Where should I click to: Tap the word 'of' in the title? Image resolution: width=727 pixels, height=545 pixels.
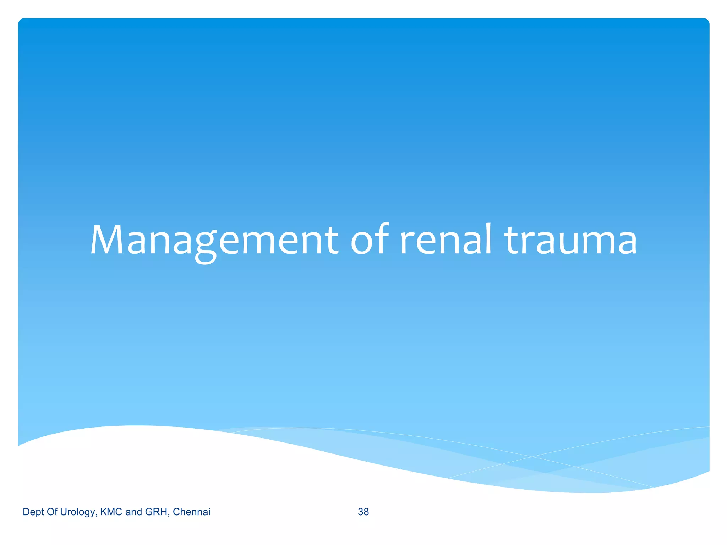click(369, 240)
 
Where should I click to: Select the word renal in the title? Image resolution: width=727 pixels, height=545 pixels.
click(446, 240)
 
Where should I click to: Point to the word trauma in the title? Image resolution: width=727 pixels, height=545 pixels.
click(571, 240)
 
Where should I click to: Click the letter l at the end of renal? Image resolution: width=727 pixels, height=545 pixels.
click(488, 238)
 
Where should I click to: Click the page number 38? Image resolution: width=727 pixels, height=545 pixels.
click(363, 512)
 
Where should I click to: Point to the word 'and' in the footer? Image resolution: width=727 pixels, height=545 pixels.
click(133, 512)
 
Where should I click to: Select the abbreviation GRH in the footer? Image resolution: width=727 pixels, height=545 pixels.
click(157, 512)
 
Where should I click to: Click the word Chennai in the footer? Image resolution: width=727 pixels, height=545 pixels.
click(191, 512)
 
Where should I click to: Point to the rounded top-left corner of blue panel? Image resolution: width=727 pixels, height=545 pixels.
click(21, 21)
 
